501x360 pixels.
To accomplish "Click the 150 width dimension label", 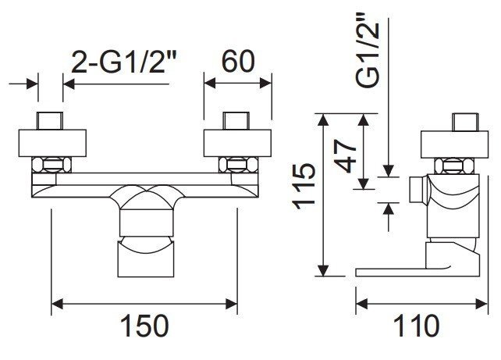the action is click(144, 326).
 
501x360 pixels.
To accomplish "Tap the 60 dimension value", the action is click(238, 62).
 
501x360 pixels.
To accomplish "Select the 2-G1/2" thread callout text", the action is click(124, 62).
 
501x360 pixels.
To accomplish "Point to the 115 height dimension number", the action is click(304, 187).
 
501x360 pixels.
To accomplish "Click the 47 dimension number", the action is click(345, 156).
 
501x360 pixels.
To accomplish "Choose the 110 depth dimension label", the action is click(416, 326).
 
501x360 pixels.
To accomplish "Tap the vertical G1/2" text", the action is click(368, 50).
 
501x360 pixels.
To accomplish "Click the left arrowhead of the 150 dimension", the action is click(57, 304).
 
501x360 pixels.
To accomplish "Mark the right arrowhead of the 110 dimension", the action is click(481, 304).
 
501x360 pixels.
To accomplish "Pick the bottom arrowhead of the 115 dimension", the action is click(324, 270).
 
